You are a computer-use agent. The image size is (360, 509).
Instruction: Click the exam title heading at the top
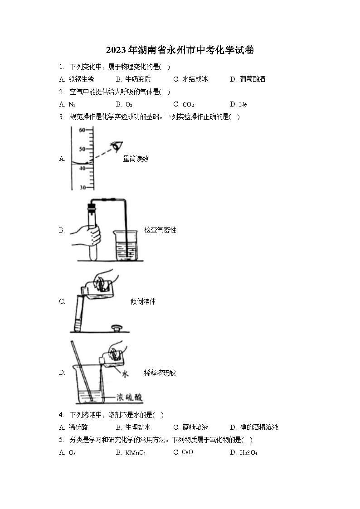[180, 50]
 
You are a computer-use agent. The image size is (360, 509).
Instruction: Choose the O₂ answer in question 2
[129, 105]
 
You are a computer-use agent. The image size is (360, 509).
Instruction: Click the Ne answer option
[243, 105]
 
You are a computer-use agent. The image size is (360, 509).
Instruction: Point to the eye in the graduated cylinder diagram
[118, 146]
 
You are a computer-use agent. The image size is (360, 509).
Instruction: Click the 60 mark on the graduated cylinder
[83, 130]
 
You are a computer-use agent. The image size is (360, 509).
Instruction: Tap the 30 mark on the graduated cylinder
[83, 187]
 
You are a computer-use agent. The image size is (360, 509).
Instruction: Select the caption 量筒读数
[136, 159]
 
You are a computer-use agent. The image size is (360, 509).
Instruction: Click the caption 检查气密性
[160, 230]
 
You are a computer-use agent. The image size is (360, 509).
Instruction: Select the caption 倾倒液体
[143, 301]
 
